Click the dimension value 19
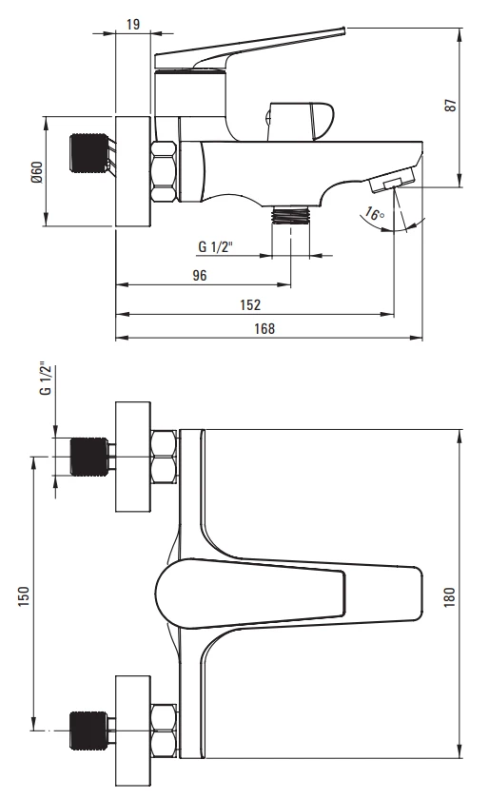[132, 24]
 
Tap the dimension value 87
[451, 105]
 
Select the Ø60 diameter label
[37, 172]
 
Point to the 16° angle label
[375, 214]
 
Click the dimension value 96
[200, 275]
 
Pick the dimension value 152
[250, 304]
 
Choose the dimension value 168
[264, 329]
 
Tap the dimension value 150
[24, 596]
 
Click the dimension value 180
[449, 596]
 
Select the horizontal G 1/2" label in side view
[215, 246]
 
